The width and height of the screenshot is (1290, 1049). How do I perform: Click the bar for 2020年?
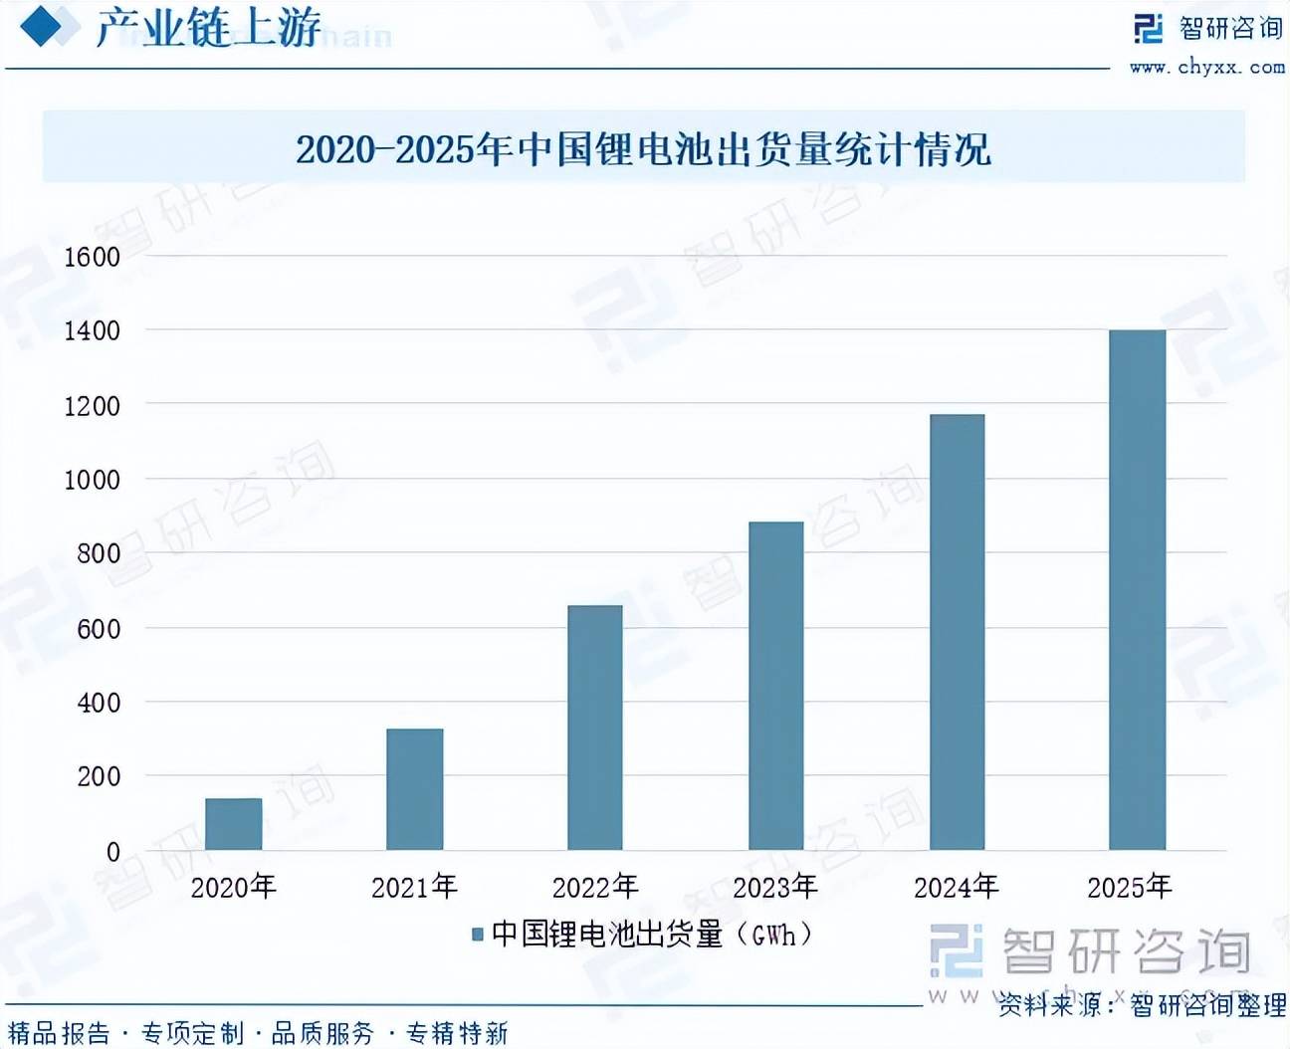(x=234, y=824)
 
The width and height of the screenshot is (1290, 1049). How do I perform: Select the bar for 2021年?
(x=414, y=789)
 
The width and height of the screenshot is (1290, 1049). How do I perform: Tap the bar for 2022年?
(x=594, y=728)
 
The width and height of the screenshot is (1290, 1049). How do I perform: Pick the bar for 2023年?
(x=775, y=686)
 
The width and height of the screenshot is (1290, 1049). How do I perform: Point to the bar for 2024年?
(x=957, y=632)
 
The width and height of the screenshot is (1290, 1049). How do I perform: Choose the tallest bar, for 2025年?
(x=1137, y=589)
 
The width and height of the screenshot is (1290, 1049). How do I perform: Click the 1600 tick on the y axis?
(x=93, y=257)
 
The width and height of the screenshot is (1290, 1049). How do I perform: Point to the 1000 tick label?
(x=93, y=480)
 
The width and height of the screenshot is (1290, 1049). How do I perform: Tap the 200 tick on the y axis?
(x=99, y=776)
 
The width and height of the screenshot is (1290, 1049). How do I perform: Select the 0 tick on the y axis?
(x=113, y=852)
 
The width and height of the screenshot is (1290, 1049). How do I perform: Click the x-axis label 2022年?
(x=594, y=887)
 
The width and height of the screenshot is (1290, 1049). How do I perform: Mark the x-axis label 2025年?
(x=1130, y=887)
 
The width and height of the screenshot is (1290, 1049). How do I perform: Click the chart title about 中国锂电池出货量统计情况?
(x=643, y=149)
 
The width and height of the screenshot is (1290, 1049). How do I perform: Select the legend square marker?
(x=478, y=935)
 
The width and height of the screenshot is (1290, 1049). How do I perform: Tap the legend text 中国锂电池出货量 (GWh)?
(x=652, y=935)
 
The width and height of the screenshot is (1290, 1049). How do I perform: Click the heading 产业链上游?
(x=208, y=28)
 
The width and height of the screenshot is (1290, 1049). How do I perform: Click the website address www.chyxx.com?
(x=1206, y=68)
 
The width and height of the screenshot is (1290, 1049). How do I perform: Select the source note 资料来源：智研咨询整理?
(x=1142, y=1005)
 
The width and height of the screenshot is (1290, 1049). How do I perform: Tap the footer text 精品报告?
(x=60, y=1034)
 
